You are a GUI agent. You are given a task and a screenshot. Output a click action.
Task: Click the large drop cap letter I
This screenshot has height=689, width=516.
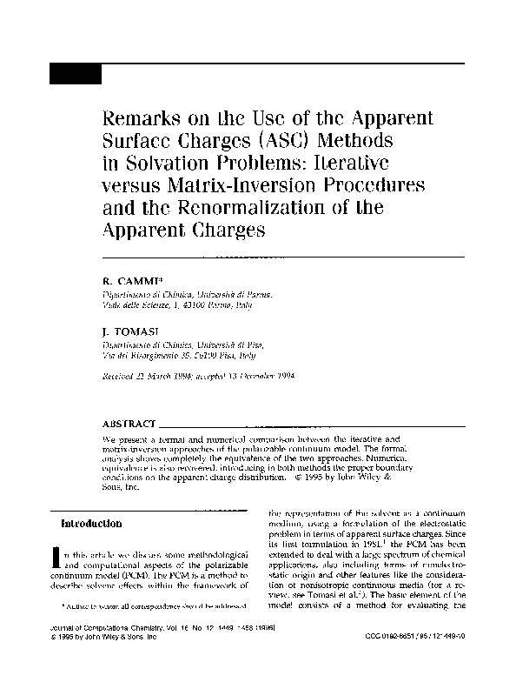[x=58, y=559]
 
